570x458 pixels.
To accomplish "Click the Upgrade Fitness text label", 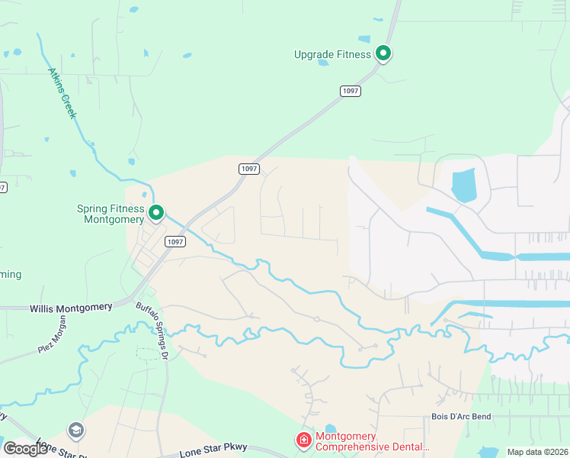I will coord(332,54).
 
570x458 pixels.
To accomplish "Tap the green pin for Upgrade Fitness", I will coord(384,53).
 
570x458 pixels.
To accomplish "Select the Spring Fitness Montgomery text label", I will coord(110,214).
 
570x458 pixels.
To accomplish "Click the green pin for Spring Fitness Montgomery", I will coord(156,212).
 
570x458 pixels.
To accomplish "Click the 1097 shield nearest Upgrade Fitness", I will coord(351,91).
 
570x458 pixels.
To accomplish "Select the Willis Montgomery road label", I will coord(71,308).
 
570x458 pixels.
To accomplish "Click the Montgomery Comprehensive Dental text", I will coord(373,442).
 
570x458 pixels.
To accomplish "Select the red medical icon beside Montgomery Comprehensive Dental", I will coord(303,440).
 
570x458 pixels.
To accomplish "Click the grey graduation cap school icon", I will coord(75,431).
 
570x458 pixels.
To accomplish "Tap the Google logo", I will coord(25,449).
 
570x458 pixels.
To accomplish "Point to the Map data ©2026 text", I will coord(537,452).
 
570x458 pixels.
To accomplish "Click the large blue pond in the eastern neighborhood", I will coord(463,185).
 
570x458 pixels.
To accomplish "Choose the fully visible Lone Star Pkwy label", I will coord(210,451).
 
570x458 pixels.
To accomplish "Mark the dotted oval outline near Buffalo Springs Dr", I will coord(149,353).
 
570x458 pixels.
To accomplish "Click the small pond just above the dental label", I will coord(329,428).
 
